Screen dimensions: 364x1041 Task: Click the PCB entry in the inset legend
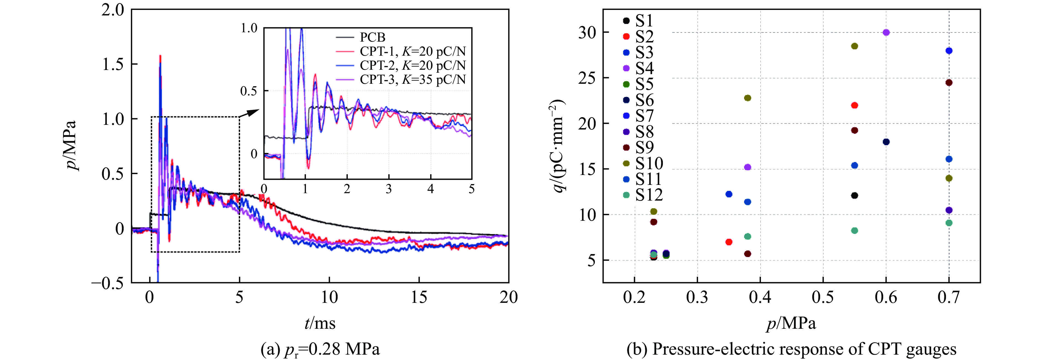[x=372, y=37]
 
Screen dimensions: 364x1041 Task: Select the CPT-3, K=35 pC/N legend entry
[x=412, y=79]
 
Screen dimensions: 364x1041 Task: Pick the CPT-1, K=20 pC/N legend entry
[x=412, y=51]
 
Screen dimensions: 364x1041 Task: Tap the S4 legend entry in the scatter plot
[x=644, y=68]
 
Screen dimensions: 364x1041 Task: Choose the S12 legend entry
[x=649, y=195]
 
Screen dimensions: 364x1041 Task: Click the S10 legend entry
[x=649, y=163]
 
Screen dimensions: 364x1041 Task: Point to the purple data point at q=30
[x=886, y=32]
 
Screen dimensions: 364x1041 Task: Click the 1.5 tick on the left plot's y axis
[x=113, y=64]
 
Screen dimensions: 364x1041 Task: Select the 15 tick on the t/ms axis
[x=419, y=297]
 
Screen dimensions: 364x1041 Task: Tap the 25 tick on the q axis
[x=587, y=78]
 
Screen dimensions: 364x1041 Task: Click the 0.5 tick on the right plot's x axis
[x=823, y=297]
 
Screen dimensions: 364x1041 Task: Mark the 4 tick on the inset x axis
[x=430, y=189]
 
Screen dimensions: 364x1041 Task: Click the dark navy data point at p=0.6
[x=886, y=142]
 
